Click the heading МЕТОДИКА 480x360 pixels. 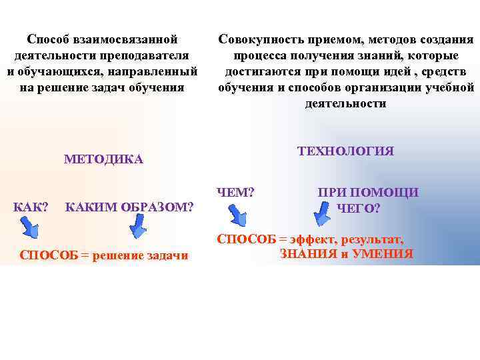pyautogui.click(x=103, y=159)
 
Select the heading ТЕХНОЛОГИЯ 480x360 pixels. pyautogui.click(x=346, y=151)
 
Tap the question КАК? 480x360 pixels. pyautogui.click(x=31, y=207)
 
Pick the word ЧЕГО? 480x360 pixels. pyautogui.click(x=359, y=209)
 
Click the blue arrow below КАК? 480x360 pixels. pyautogui.click(x=30, y=229)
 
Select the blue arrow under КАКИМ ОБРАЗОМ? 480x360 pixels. pyautogui.click(x=137, y=229)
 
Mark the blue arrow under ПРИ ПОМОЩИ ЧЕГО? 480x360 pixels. pyautogui.click(x=323, y=215)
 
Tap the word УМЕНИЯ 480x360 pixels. pyautogui.click(x=382, y=254)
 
